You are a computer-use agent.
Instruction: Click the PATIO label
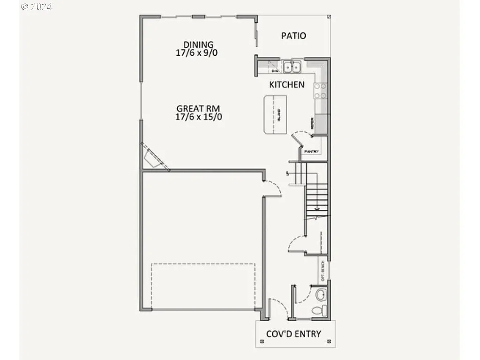pyautogui.click(x=294, y=36)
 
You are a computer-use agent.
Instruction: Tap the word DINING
pyautogui.click(x=198, y=45)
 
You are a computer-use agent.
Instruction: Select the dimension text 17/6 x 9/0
pyautogui.click(x=196, y=53)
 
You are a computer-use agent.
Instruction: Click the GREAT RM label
pyautogui.click(x=198, y=109)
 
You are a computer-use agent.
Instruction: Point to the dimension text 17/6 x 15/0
pyautogui.click(x=199, y=117)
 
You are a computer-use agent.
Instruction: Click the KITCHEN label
pyautogui.click(x=286, y=85)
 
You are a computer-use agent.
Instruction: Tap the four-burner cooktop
pyautogui.click(x=321, y=91)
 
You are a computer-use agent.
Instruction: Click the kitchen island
pyautogui.click(x=275, y=114)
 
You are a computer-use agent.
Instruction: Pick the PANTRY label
pyautogui.click(x=312, y=152)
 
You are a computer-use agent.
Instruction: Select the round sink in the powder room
pyautogui.click(x=321, y=295)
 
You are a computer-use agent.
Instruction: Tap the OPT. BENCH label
pyautogui.click(x=323, y=271)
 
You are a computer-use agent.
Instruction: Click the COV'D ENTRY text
pyautogui.click(x=293, y=334)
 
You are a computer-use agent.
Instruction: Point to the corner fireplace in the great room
pyautogui.click(x=153, y=157)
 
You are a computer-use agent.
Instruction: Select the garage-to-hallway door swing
pyautogui.click(x=272, y=188)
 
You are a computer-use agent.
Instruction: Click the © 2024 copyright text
pyautogui.click(x=37, y=7)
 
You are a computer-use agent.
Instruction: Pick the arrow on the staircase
pyautogui.click(x=317, y=208)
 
